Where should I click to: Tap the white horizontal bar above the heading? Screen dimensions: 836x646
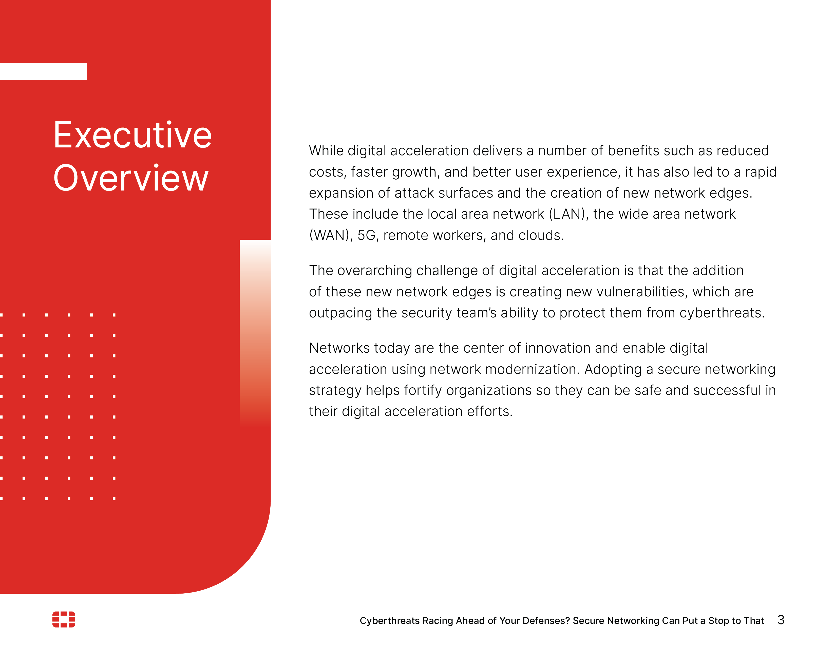click(x=43, y=71)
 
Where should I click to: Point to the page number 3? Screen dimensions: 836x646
click(x=781, y=620)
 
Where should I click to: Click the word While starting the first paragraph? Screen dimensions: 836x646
click(x=326, y=151)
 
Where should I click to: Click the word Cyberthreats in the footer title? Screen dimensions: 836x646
click(x=389, y=621)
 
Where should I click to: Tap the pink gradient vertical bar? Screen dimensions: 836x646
click(x=255, y=333)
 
